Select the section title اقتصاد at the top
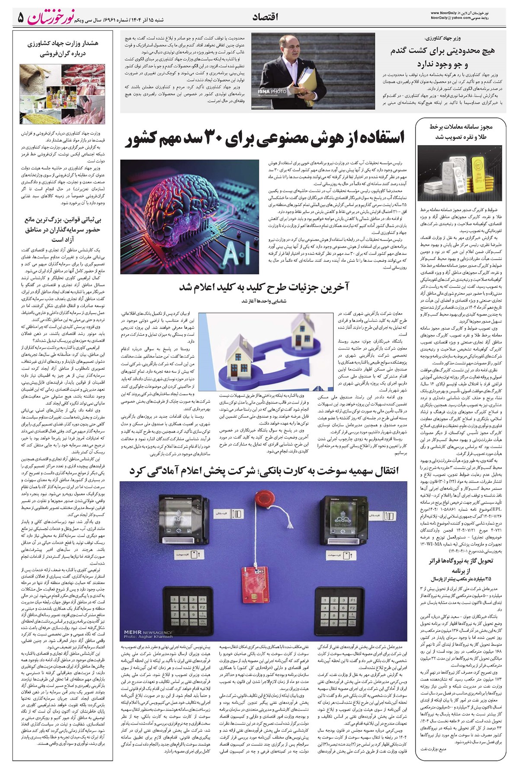265,17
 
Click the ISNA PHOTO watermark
272,92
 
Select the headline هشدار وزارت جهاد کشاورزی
63,49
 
